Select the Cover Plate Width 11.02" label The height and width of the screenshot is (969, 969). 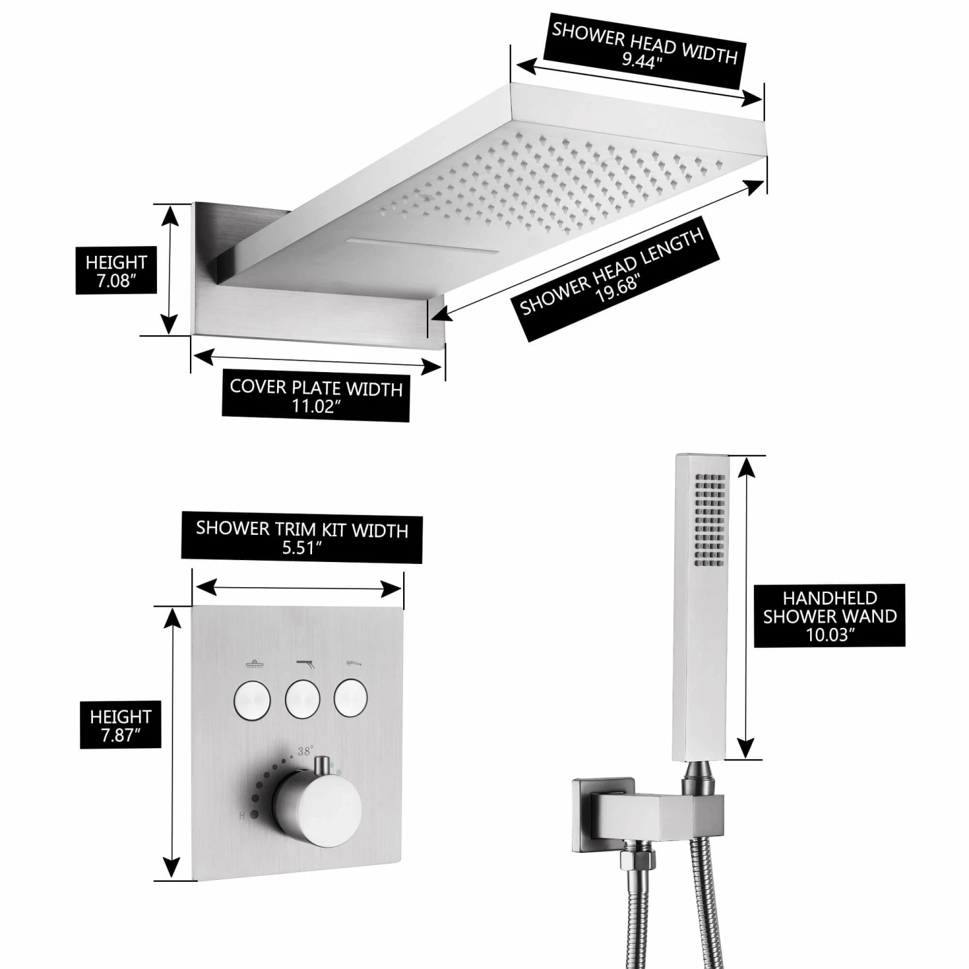click(x=316, y=396)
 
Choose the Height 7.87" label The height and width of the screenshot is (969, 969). click(x=120, y=725)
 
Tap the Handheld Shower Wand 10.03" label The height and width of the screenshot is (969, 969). click(x=829, y=616)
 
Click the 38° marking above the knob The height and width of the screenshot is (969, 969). click(x=306, y=751)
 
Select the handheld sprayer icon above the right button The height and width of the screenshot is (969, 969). click(x=352, y=662)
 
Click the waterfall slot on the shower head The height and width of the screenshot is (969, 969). click(x=423, y=246)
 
